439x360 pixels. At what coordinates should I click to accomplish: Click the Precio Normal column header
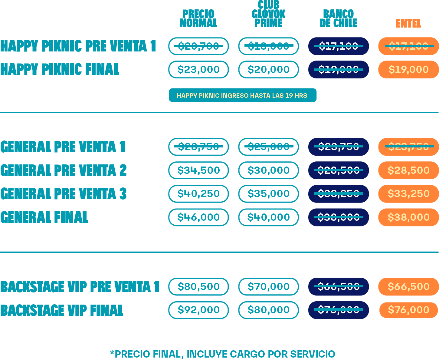[198, 18]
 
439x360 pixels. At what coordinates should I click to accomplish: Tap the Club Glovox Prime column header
[268, 14]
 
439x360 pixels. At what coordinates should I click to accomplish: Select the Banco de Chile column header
[339, 18]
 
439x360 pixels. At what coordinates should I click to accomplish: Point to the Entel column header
[408, 23]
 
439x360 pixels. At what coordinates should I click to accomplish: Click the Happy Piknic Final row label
[60, 69]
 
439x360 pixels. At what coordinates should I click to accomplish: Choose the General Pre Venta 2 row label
[64, 170]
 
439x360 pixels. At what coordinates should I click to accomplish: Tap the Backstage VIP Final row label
[62, 310]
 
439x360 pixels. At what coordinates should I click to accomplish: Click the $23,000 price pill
[198, 69]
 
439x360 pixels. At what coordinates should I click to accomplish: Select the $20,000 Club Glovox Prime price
[268, 69]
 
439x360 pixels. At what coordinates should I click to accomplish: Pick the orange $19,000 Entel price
[408, 69]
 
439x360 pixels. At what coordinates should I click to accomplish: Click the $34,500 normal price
[198, 170]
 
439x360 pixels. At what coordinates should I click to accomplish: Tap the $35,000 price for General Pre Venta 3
[268, 194]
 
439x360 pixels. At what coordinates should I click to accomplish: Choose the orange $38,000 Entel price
[408, 217]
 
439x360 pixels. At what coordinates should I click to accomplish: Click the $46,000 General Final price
[198, 217]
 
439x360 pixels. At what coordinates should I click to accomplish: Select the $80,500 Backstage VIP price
[198, 286]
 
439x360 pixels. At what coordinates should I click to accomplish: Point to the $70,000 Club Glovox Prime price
[268, 286]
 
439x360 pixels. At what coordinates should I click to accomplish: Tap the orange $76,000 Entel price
[408, 310]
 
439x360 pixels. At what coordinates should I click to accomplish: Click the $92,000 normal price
[198, 310]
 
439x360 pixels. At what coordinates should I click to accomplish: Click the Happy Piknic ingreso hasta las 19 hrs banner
[242, 95]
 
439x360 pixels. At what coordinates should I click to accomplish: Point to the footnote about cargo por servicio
[223, 354]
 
